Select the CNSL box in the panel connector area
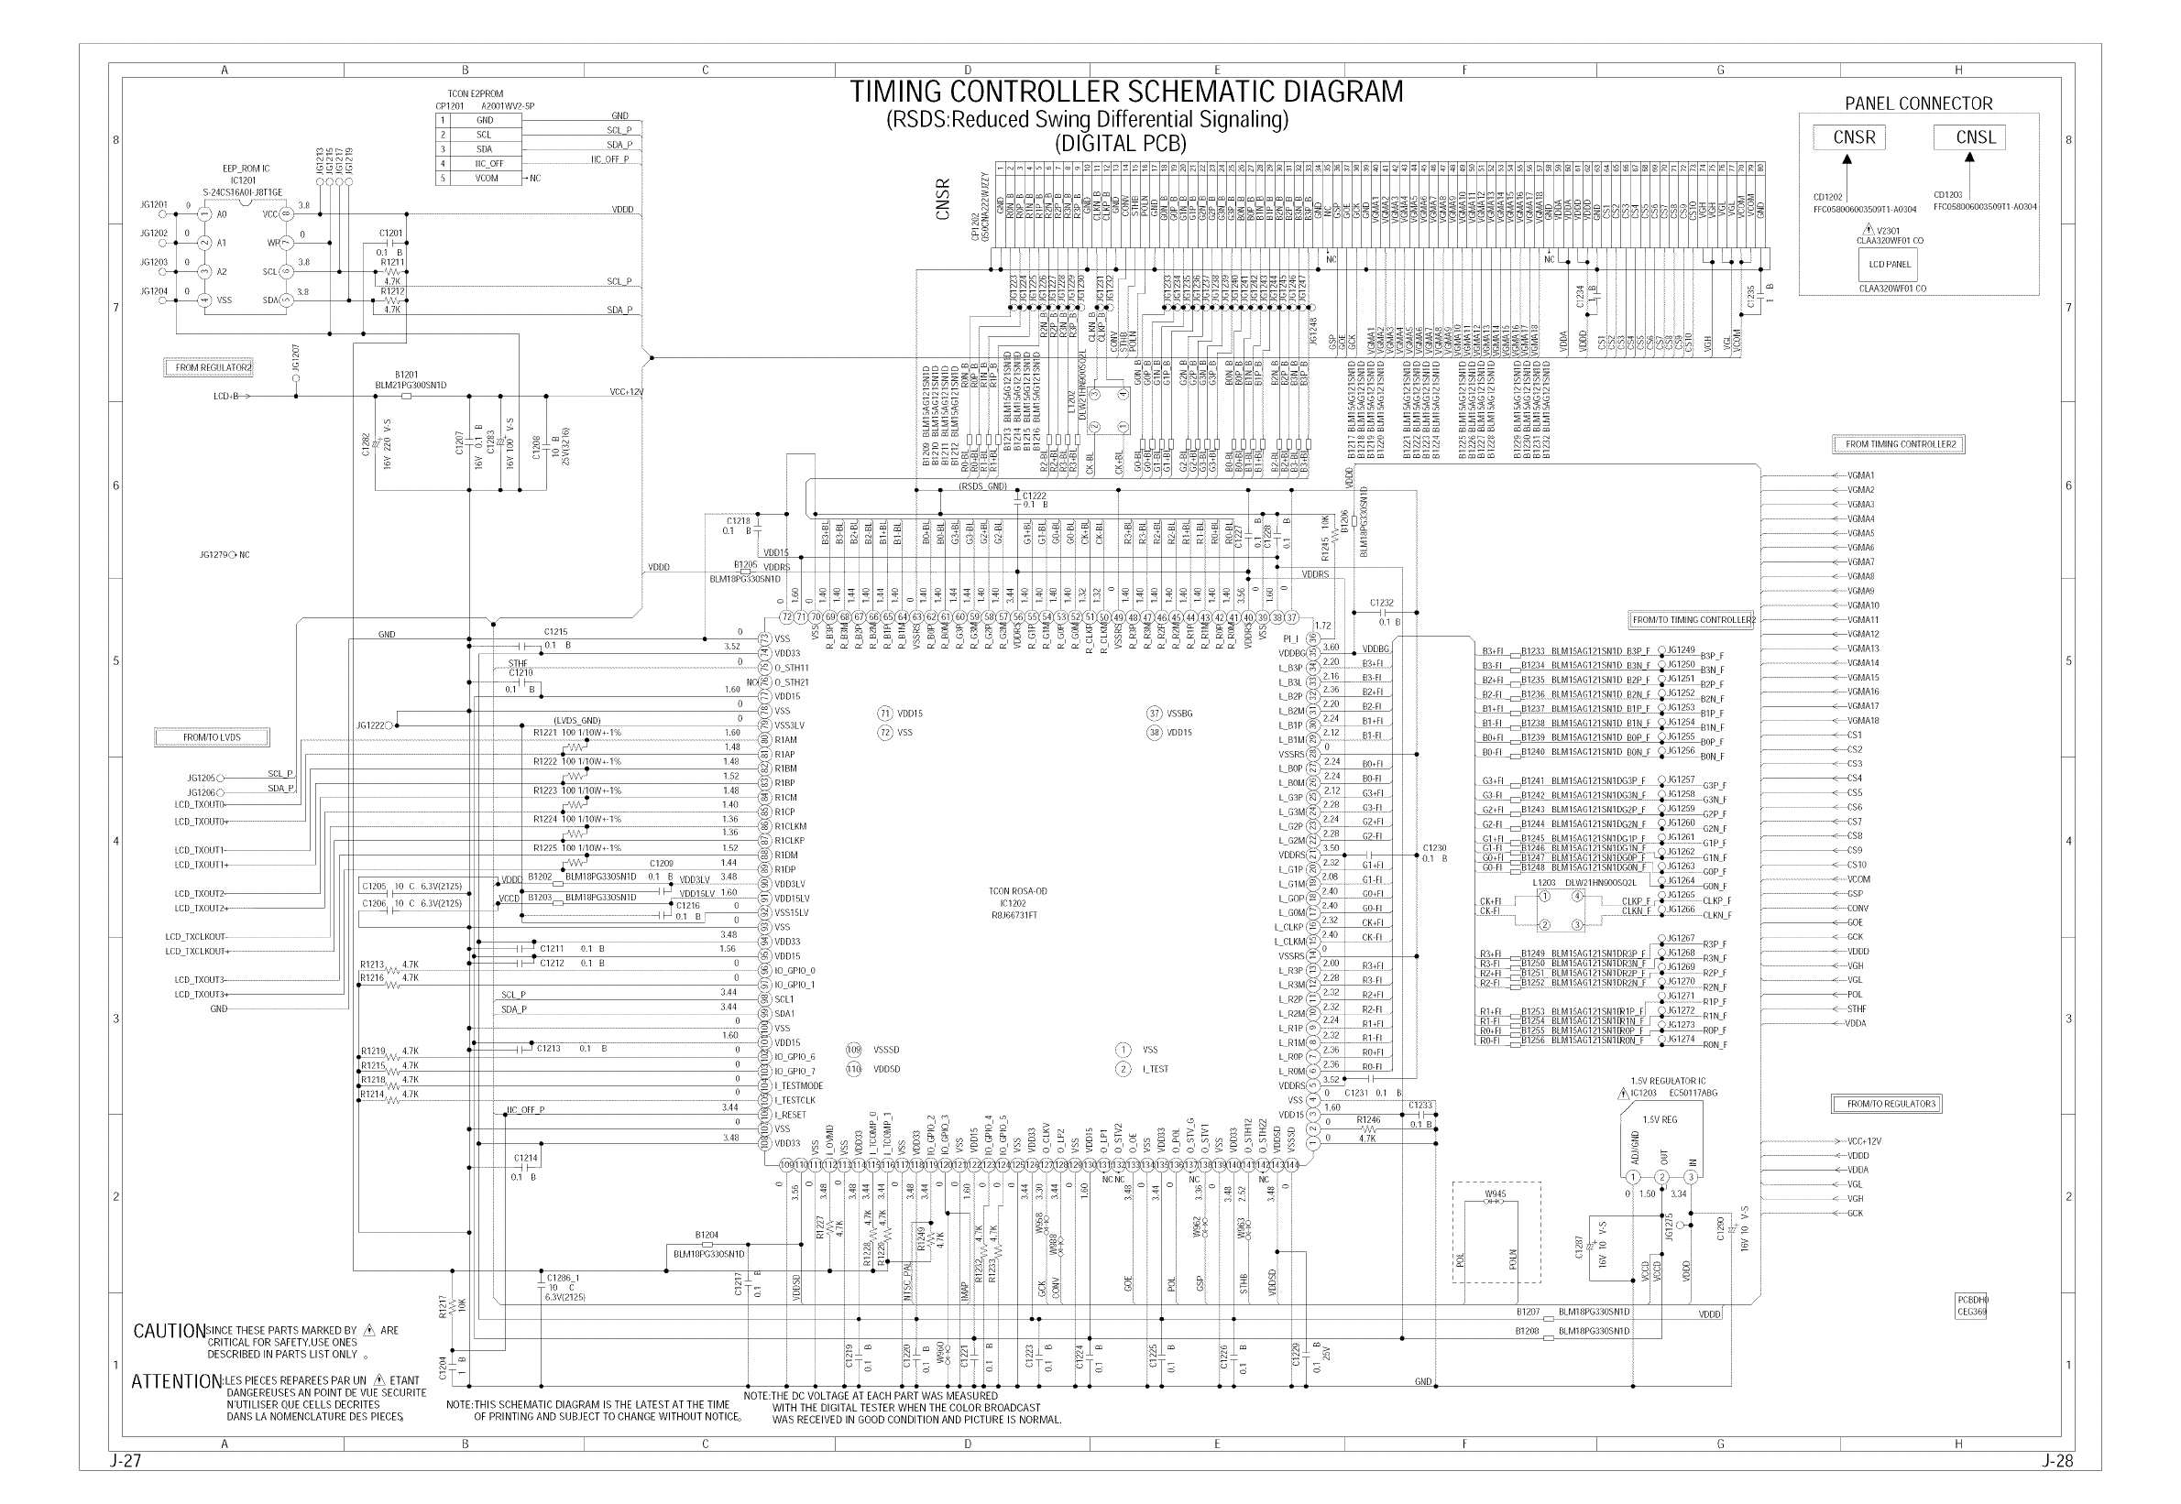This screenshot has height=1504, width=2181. [x=1968, y=137]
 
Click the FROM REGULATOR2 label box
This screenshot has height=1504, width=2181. [x=214, y=367]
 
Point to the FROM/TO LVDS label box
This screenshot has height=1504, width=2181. [x=211, y=737]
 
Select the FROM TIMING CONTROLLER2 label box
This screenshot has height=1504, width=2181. [x=1899, y=444]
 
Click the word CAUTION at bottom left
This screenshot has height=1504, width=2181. [x=169, y=1332]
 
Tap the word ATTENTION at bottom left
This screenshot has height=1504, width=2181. [x=176, y=1382]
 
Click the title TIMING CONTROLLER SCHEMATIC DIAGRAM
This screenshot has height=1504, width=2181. [x=1126, y=93]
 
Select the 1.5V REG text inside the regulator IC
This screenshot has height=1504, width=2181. [x=1659, y=1120]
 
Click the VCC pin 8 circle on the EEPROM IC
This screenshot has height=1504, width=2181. [x=287, y=214]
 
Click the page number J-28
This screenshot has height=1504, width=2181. [x=2057, y=1462]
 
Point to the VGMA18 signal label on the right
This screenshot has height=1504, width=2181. [x=1862, y=721]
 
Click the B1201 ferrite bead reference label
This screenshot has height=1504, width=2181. [x=406, y=374]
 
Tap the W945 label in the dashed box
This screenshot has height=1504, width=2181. [x=1496, y=1194]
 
